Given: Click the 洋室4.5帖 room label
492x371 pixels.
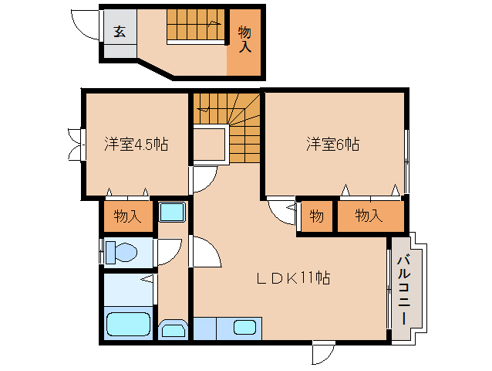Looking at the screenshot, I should [x=136, y=144].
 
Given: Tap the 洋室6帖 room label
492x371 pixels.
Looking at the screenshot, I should [x=332, y=144].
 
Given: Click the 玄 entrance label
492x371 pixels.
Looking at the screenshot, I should [x=120, y=32].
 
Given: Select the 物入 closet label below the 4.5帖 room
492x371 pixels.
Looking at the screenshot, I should [x=127, y=216].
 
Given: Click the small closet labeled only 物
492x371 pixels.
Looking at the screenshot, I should [x=317, y=216].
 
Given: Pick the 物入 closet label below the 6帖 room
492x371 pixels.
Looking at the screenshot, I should [x=369, y=216].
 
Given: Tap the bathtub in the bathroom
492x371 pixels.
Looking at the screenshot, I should [x=128, y=325].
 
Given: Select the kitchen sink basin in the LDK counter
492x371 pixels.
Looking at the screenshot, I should [x=245, y=328].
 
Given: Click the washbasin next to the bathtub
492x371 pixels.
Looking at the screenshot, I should [x=173, y=330].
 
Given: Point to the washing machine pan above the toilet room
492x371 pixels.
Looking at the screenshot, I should [x=170, y=213].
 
